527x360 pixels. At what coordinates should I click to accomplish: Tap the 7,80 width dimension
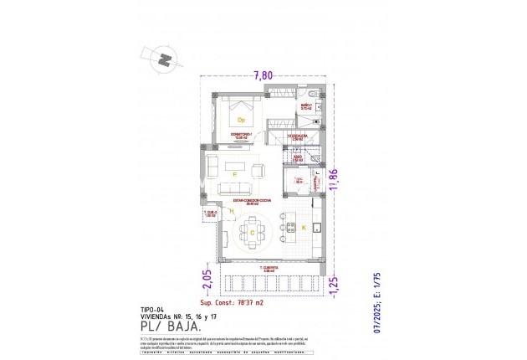click(263, 75)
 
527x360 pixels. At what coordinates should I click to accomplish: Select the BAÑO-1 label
click(306, 106)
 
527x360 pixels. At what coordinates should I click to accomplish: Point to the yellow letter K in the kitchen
click(303, 228)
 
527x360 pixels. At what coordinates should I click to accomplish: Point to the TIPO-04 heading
click(152, 309)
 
